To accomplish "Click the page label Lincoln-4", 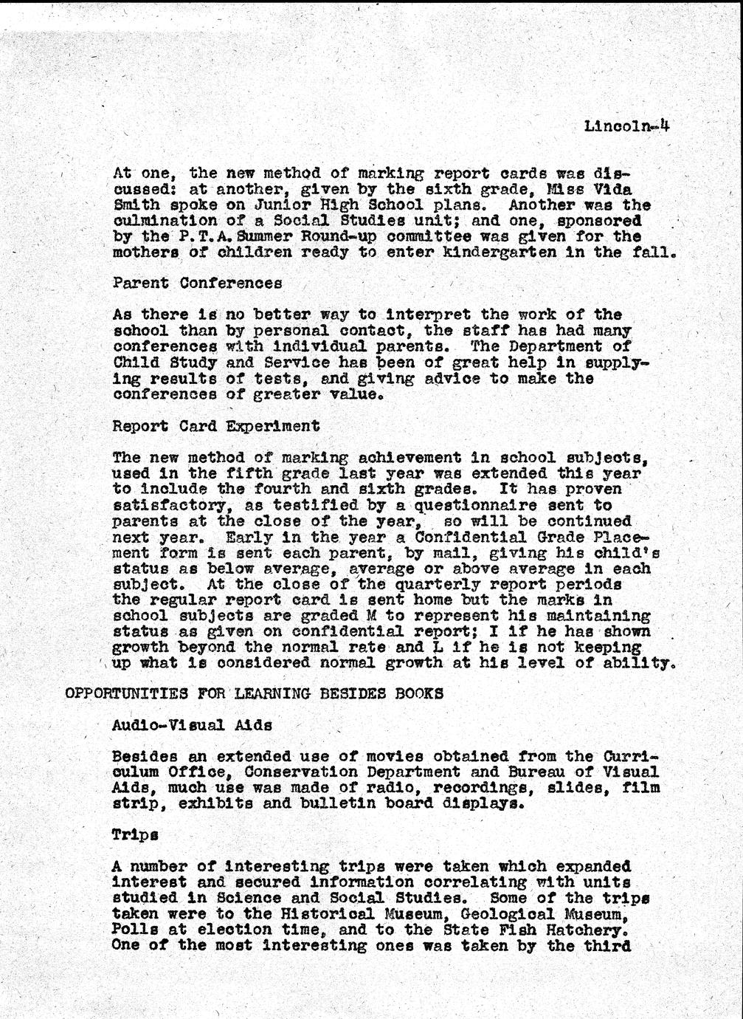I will [x=626, y=126].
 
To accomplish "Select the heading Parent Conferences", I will [x=197, y=284].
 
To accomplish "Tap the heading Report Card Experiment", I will [x=216, y=427].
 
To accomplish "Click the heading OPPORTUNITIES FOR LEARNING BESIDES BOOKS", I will [x=255, y=694].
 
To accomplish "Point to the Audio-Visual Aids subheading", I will [x=192, y=725].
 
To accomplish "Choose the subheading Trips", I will [x=135, y=835].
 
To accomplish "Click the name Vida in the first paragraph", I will [x=633, y=189].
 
